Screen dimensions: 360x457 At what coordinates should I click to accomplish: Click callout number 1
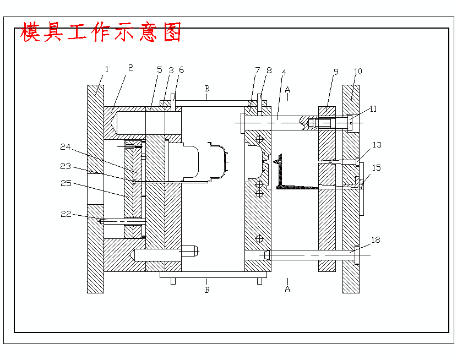coord(107,69)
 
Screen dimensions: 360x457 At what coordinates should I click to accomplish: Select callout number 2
coord(130,68)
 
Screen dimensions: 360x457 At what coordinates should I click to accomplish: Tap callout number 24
coord(66,147)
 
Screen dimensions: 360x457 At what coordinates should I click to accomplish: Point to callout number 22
coord(66,214)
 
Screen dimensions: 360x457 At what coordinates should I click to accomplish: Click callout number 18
coord(376,240)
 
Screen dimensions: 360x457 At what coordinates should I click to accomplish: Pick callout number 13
coord(377,145)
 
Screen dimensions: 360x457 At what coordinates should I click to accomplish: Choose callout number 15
coord(377,167)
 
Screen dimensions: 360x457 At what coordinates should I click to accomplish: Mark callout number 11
coord(373,109)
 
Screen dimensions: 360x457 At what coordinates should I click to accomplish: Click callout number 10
coord(358,72)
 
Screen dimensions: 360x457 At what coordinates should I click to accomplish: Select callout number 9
coord(336,72)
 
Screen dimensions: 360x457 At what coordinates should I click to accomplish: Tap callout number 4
coord(284,72)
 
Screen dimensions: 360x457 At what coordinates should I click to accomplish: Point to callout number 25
coord(66,183)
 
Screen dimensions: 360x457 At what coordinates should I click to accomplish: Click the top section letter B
coord(207,88)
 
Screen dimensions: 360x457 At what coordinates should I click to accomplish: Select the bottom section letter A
coord(287,289)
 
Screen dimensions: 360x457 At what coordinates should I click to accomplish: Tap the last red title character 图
coord(172,32)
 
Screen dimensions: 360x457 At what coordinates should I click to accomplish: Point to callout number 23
coord(66,165)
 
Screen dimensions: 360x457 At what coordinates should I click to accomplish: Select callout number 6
coord(182,70)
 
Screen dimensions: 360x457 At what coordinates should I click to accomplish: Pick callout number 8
coord(269,70)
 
